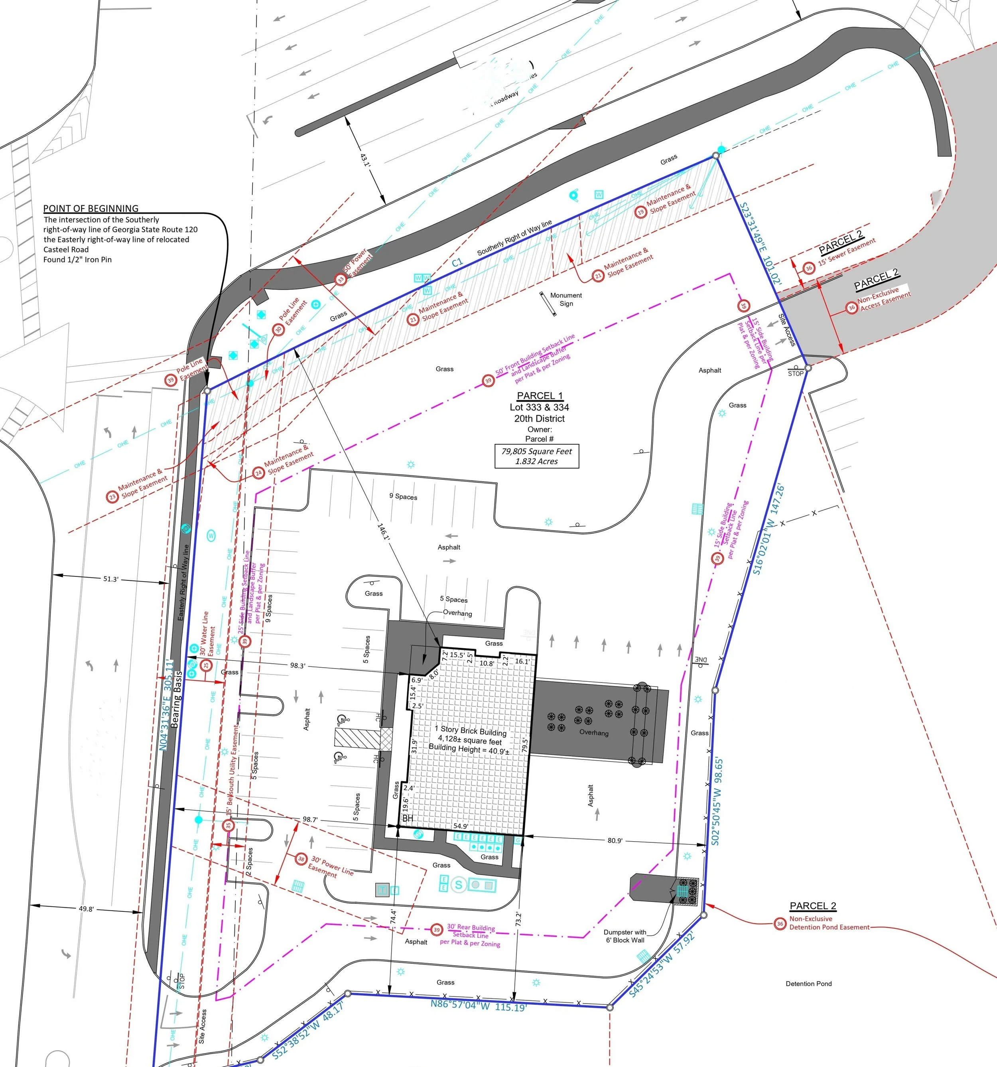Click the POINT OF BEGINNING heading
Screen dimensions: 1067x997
[91, 208]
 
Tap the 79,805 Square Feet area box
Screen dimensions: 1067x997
[537, 456]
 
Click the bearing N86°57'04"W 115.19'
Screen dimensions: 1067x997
[479, 1006]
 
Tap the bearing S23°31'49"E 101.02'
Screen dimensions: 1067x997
[761, 244]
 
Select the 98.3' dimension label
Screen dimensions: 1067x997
[298, 666]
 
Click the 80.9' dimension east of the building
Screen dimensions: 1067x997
[615, 840]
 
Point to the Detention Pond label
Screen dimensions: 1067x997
[809, 984]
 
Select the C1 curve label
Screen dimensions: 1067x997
[457, 262]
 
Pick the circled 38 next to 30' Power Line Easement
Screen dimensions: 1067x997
[301, 859]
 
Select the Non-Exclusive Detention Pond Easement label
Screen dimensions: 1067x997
[829, 923]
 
